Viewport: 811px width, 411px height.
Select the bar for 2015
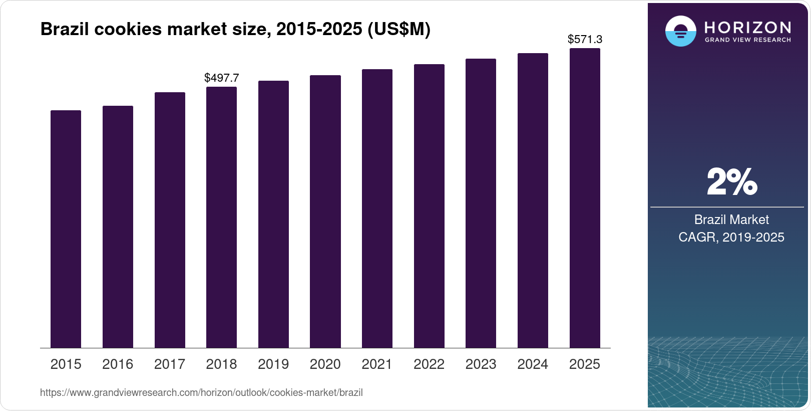click(66, 229)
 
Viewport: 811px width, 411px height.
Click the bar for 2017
click(170, 220)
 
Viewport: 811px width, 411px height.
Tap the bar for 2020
click(325, 212)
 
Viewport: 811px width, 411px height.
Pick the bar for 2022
click(429, 206)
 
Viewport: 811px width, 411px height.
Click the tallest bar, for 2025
click(585, 198)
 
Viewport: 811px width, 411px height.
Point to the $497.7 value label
click(222, 78)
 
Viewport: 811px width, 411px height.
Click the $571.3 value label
click(585, 39)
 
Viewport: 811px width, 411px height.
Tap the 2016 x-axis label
click(118, 364)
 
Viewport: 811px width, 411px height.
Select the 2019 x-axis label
click(273, 364)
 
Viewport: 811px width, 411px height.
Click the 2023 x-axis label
click(481, 364)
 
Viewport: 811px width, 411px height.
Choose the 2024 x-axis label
click(533, 364)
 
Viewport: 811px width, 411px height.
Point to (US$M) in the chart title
click(398, 30)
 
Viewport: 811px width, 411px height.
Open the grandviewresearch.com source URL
click(201, 393)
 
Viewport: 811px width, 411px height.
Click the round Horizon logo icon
click(680, 31)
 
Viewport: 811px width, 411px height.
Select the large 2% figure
click(731, 182)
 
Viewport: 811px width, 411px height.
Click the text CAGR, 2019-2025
click(731, 237)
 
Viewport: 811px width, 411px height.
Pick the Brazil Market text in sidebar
click(731, 220)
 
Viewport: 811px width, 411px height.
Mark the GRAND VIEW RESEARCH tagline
click(747, 40)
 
